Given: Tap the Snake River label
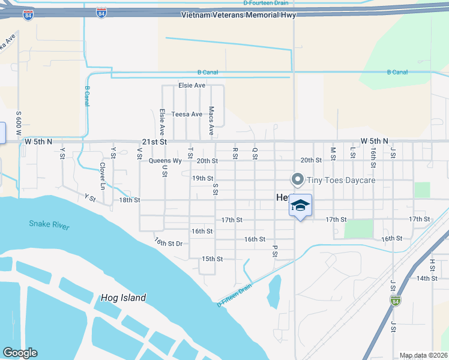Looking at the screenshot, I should click(x=49, y=225).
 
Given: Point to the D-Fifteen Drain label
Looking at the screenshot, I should click(x=235, y=295).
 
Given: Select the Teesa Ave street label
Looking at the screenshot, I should click(x=187, y=114).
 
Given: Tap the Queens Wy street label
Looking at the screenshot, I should click(x=165, y=161).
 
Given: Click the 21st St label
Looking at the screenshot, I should click(x=154, y=142).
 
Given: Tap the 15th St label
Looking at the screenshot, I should click(x=212, y=259).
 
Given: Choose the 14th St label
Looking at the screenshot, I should click(x=427, y=278).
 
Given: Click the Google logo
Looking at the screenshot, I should click(x=20, y=353).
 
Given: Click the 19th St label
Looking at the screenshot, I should click(x=202, y=178).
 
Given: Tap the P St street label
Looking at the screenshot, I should click(x=275, y=250).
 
